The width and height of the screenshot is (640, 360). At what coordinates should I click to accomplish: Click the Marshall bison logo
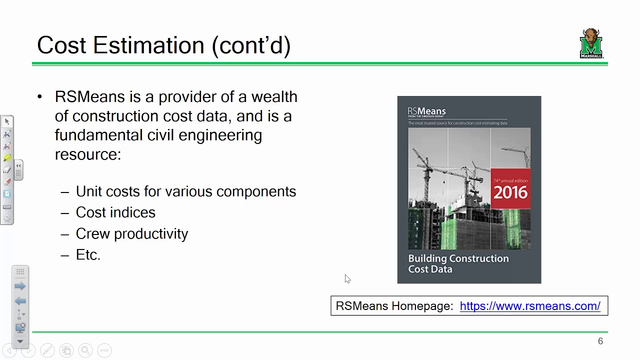[x=591, y=43]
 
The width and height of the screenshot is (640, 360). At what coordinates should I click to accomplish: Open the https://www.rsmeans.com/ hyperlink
[x=530, y=306]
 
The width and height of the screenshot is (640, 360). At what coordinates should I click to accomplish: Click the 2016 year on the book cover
[x=510, y=192]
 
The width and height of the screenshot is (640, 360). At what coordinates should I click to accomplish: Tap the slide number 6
[x=600, y=341]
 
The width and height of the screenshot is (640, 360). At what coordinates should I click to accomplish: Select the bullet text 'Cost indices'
[x=115, y=212]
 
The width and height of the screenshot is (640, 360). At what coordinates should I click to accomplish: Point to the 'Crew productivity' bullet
[x=132, y=233]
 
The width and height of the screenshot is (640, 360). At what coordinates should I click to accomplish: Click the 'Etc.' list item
[x=88, y=254]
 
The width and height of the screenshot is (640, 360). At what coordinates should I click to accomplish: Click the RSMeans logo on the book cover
[x=426, y=111]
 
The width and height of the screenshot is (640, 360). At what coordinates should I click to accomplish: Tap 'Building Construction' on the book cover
[x=458, y=258]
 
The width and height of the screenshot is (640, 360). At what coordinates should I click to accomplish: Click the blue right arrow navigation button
[x=20, y=286]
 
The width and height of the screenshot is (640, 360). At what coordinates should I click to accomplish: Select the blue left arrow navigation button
[x=20, y=300]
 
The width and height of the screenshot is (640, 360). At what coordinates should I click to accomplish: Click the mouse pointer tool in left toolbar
[x=7, y=121]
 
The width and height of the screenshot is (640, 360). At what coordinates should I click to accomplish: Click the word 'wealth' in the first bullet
[x=274, y=96]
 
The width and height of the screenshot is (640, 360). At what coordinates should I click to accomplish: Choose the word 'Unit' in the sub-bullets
[x=88, y=191]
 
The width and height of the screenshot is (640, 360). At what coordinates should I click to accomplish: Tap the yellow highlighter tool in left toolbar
[x=7, y=158]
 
